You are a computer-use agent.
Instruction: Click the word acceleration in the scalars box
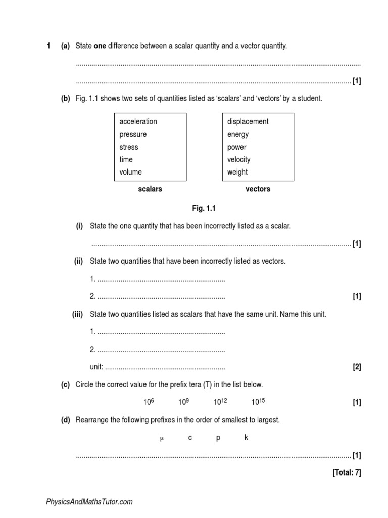(x=138, y=121)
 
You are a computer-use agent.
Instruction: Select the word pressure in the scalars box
(x=133, y=134)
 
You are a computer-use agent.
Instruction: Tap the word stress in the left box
(x=128, y=147)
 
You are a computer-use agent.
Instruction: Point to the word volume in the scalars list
(x=130, y=172)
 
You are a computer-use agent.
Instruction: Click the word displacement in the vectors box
(x=248, y=121)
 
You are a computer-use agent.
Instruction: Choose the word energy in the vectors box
(x=238, y=134)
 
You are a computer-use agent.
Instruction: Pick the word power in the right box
(x=236, y=147)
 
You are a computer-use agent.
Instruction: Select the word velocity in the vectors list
(x=238, y=159)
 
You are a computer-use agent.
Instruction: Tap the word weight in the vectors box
(x=237, y=172)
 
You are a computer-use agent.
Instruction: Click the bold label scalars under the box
(x=150, y=189)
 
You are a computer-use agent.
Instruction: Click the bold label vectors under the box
(x=258, y=189)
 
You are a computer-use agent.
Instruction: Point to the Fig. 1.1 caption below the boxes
(x=204, y=208)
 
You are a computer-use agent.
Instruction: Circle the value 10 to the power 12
(x=220, y=402)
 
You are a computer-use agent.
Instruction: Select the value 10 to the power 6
(x=149, y=402)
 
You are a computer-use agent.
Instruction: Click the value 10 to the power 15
(x=258, y=402)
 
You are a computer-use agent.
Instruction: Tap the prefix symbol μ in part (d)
(x=162, y=438)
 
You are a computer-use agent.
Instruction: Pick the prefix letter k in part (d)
(x=246, y=438)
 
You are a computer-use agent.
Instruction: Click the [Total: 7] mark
(x=347, y=473)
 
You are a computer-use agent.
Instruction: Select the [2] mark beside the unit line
(x=357, y=367)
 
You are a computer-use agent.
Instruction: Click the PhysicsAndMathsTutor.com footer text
(x=89, y=502)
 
